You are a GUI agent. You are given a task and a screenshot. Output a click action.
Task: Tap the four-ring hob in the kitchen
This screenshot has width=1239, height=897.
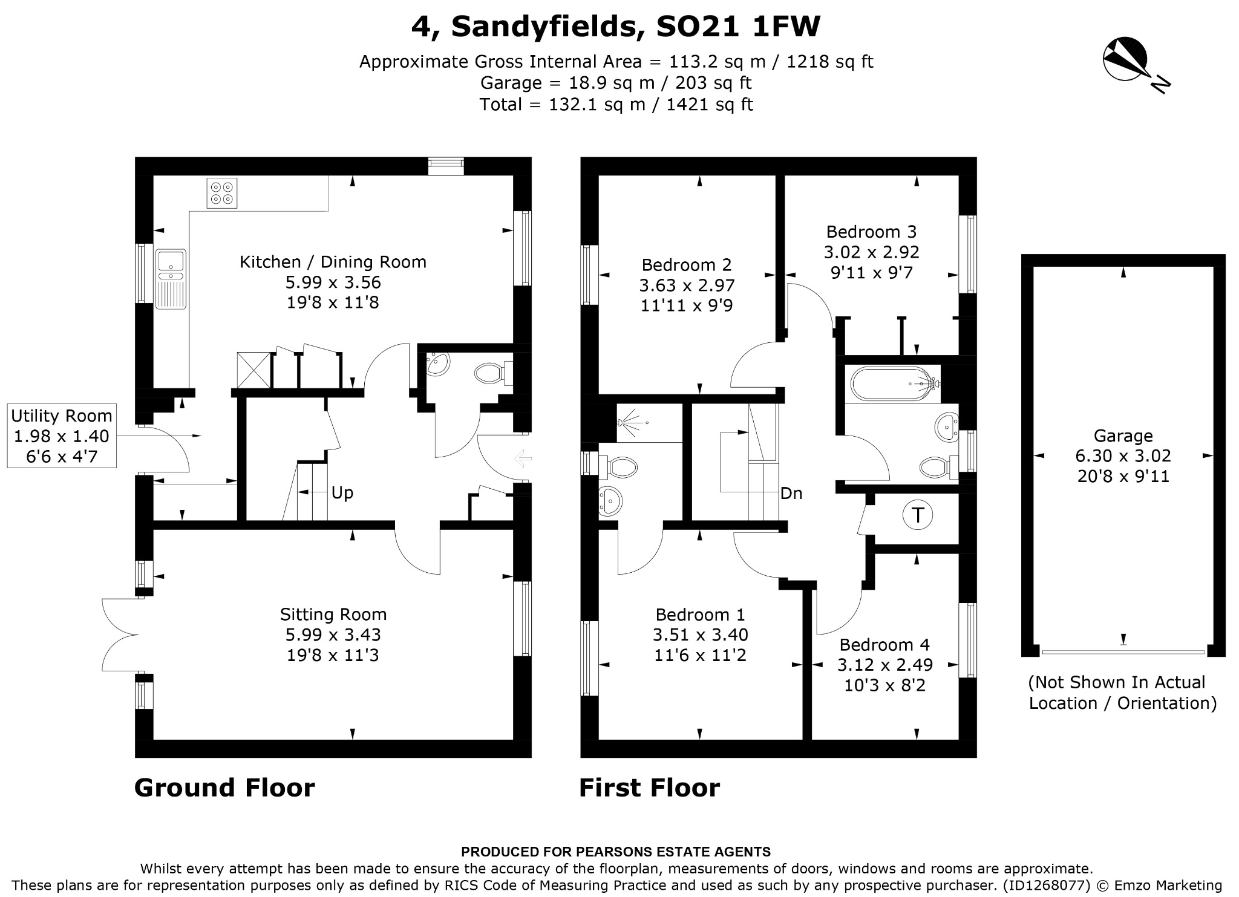click(x=221, y=192)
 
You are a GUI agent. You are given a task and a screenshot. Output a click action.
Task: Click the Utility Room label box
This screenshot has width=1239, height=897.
click(x=61, y=436)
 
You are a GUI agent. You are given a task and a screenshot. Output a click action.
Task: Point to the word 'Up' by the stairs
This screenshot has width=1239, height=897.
click(x=342, y=493)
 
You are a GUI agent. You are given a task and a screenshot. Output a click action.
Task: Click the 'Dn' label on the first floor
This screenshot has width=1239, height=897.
click(x=791, y=494)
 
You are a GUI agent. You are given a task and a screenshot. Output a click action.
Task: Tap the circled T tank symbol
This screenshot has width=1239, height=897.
click(x=918, y=515)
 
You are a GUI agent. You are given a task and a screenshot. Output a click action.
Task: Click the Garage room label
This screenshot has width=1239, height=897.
click(x=1123, y=435)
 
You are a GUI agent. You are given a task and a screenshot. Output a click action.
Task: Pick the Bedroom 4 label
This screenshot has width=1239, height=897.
click(x=884, y=645)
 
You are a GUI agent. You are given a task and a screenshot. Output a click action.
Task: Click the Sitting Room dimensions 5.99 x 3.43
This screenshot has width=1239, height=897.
click(x=333, y=634)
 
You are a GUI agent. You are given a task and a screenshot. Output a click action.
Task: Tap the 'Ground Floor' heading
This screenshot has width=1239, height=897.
click(x=224, y=788)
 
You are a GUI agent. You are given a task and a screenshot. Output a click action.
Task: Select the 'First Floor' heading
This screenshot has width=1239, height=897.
click(x=650, y=788)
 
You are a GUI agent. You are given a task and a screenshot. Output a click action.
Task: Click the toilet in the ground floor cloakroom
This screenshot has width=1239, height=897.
click(x=492, y=373)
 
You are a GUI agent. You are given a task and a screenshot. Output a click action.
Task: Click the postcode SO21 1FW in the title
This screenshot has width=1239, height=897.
click(x=738, y=27)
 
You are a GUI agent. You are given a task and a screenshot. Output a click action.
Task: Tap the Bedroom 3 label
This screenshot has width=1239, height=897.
click(x=871, y=232)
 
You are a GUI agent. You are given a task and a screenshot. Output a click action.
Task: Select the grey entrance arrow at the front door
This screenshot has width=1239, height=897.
click(x=522, y=458)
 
